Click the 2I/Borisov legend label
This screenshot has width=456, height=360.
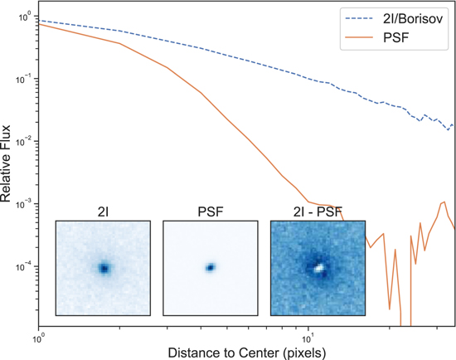411,16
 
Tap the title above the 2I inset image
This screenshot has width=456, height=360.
103,212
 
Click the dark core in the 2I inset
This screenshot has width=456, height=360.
104,268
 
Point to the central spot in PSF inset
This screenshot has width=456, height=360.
211,267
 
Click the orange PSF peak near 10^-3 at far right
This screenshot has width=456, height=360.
445,202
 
